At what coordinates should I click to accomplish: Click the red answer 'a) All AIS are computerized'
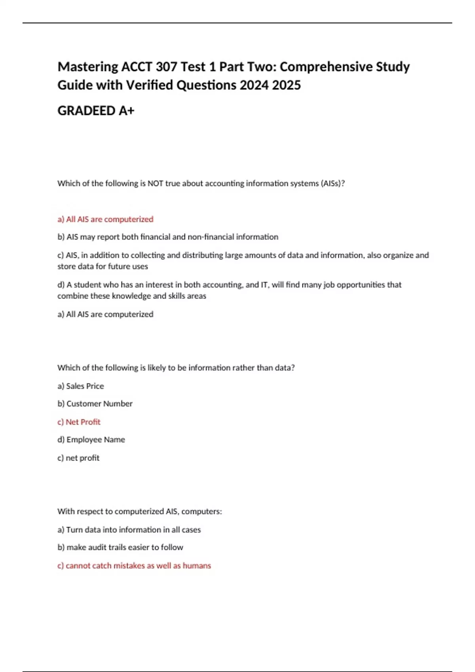tap(105, 219)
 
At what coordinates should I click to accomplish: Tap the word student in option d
tap(89, 285)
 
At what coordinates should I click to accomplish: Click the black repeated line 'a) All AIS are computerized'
tap(105, 315)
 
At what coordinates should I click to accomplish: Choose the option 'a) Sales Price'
tap(81, 386)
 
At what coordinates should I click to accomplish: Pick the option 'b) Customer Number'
tap(95, 404)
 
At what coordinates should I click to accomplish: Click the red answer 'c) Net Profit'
tap(79, 422)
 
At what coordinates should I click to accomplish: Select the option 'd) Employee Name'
tap(91, 440)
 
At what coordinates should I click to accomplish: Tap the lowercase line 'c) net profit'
tap(78, 458)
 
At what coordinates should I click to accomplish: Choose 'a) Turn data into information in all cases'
tap(129, 530)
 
